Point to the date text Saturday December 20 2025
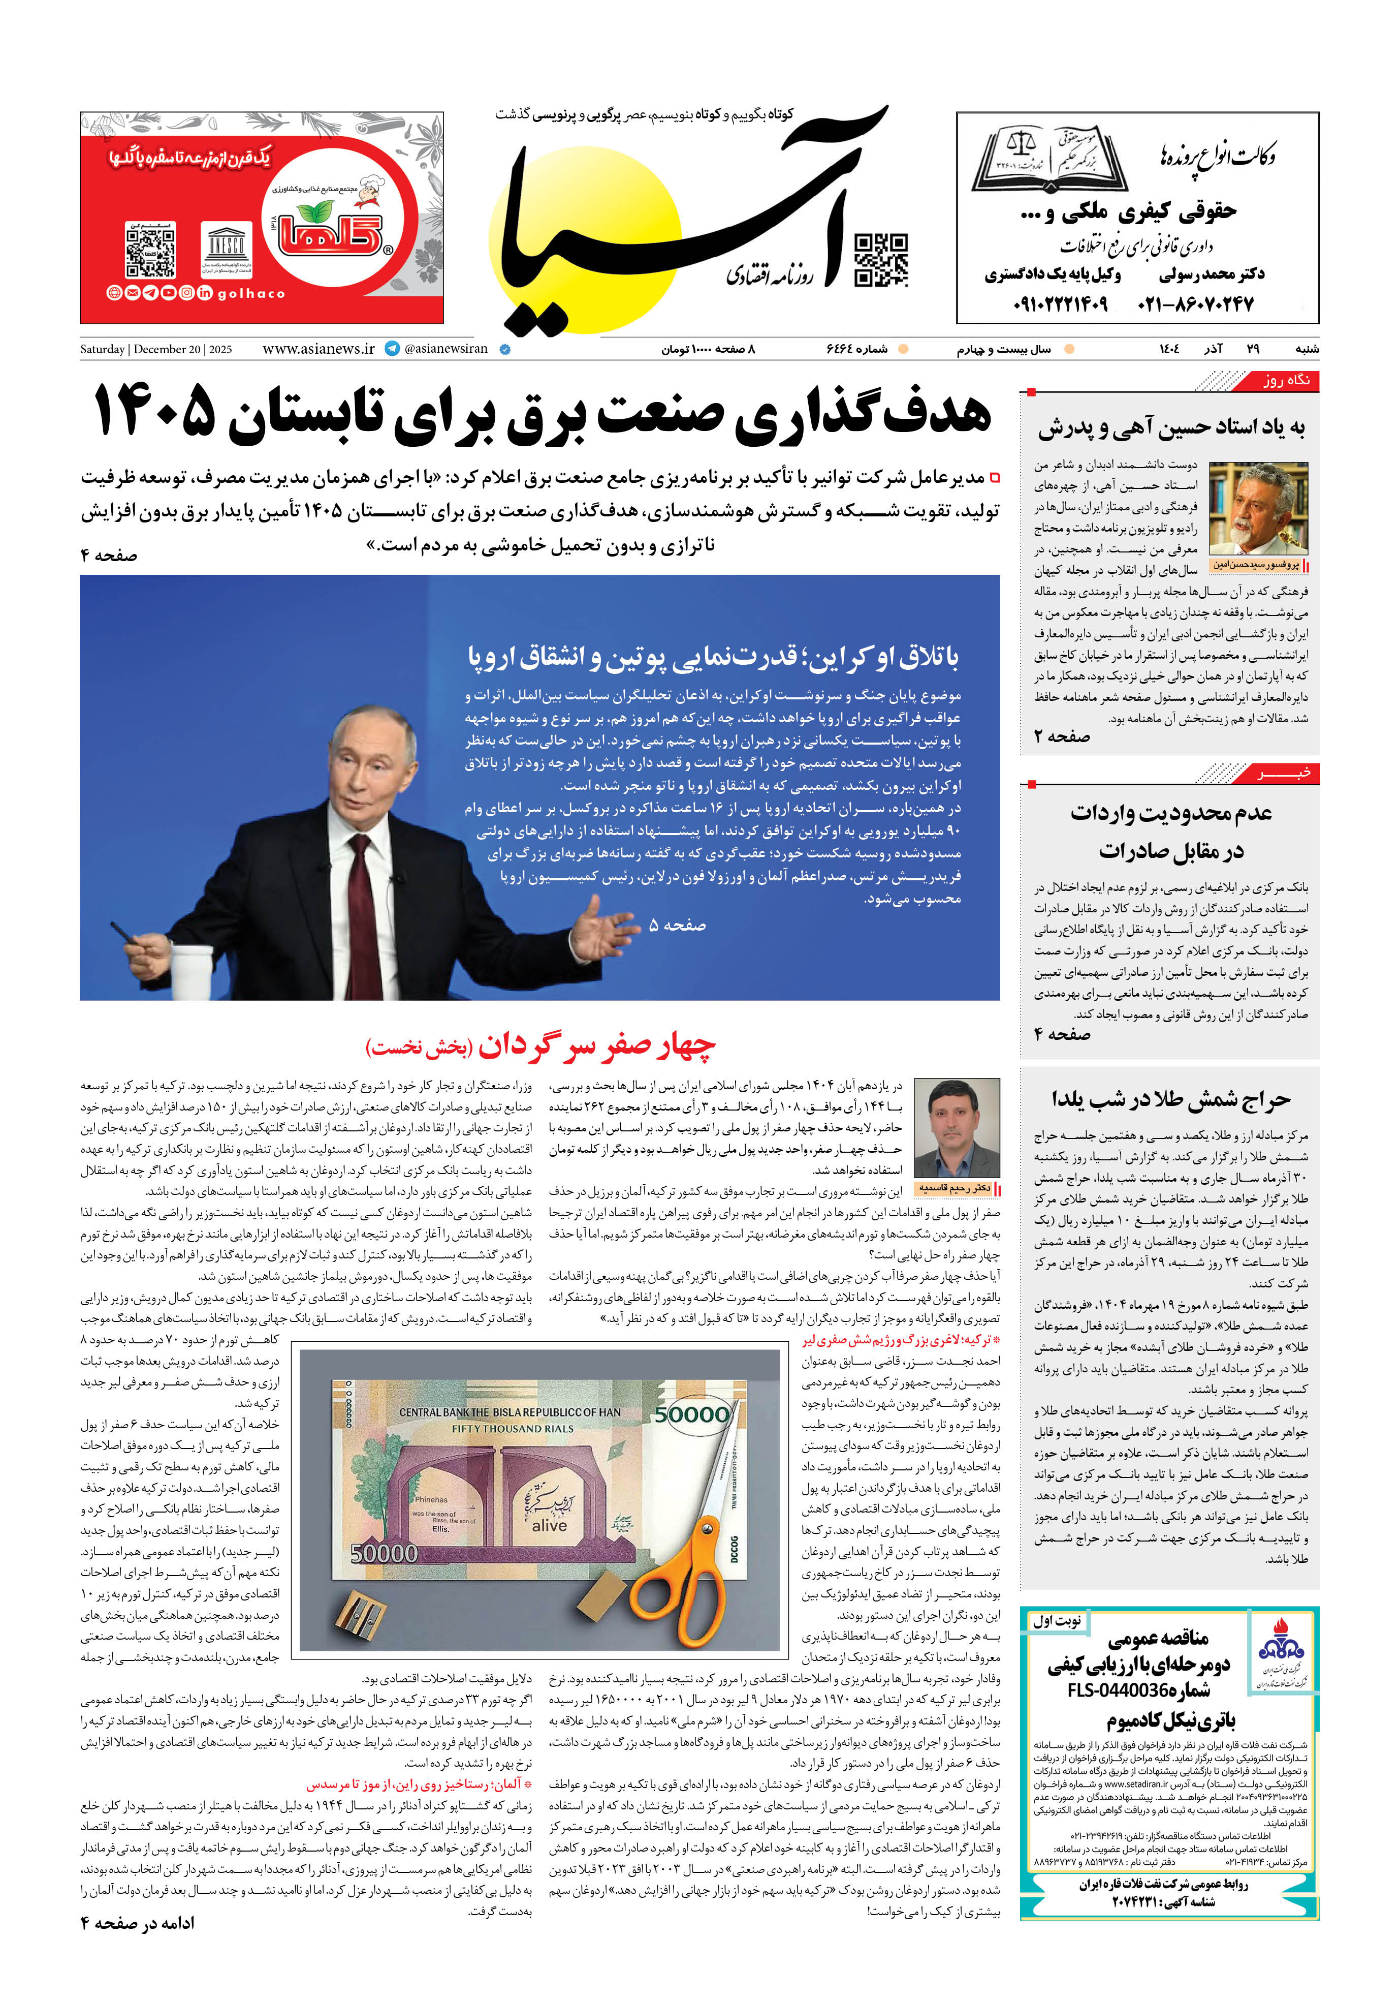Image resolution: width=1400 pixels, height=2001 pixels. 156,350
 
